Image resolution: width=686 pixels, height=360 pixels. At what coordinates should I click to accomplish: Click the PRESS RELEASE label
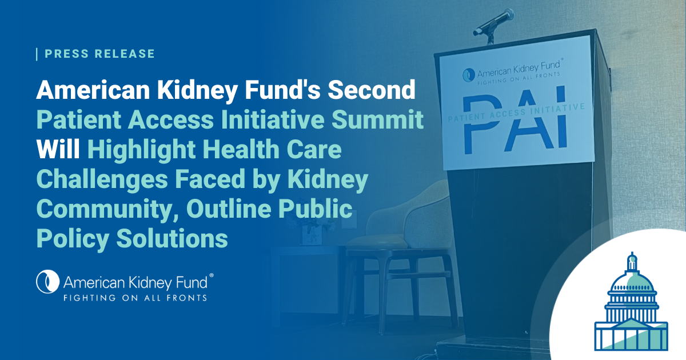point(99,54)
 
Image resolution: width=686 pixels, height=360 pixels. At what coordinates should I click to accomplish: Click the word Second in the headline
point(372,90)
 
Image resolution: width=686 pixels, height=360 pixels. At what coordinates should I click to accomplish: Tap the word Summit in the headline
point(378,119)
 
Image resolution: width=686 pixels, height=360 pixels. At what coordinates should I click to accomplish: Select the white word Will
point(58,149)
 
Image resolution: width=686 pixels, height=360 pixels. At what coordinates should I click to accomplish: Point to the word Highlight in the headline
point(142,150)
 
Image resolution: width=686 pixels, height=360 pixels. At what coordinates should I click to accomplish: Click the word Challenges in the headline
point(102,179)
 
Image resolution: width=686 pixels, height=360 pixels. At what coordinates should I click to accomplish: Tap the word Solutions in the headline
point(172,238)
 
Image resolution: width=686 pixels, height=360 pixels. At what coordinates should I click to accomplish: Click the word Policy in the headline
point(73,239)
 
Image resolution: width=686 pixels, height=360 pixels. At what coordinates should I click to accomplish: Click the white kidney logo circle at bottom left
point(48,282)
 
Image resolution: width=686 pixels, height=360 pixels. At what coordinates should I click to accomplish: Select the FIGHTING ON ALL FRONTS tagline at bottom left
point(135,298)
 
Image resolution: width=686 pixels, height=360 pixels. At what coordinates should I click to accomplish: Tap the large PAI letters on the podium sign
point(516,122)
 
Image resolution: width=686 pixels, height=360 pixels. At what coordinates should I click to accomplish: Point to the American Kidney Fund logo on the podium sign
point(512,72)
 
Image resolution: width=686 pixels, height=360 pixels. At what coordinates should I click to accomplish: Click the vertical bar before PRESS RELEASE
point(37,54)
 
